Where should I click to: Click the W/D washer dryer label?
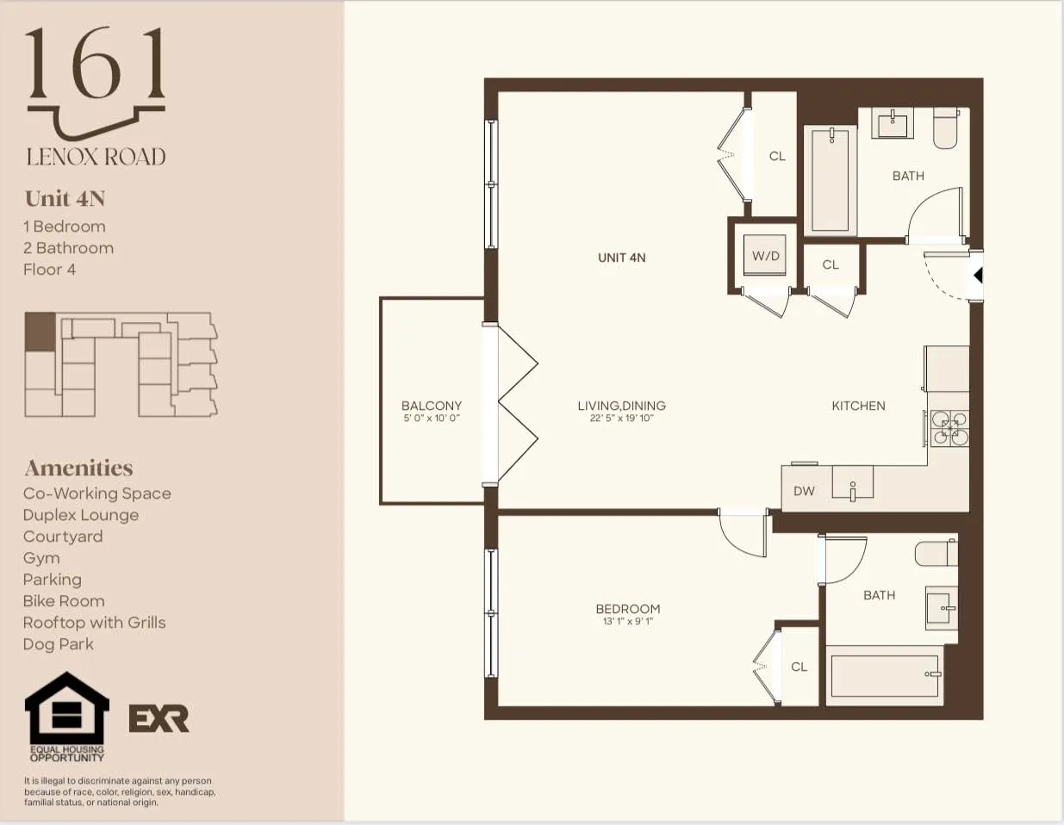pyautogui.click(x=765, y=256)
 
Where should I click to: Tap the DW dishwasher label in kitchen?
pyautogui.click(x=804, y=491)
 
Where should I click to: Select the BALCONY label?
pyautogui.click(x=432, y=406)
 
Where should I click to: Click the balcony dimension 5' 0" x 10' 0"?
pyautogui.click(x=432, y=419)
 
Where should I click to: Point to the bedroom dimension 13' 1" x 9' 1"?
pyautogui.click(x=628, y=621)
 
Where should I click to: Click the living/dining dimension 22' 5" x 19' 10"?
pyautogui.click(x=621, y=419)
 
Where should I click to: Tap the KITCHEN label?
pyautogui.click(x=858, y=406)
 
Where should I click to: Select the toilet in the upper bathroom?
pyautogui.click(x=946, y=128)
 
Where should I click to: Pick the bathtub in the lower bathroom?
pyautogui.click(x=884, y=675)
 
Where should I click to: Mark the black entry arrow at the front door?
pyautogui.click(x=977, y=276)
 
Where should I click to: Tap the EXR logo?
pyautogui.click(x=159, y=718)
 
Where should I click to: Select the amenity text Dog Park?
pyautogui.click(x=59, y=644)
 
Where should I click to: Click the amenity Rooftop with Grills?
pyautogui.click(x=94, y=623)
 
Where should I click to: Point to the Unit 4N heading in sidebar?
pyautogui.click(x=65, y=199)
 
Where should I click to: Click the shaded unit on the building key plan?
pyautogui.click(x=40, y=332)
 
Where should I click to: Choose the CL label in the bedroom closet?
pyautogui.click(x=799, y=667)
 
